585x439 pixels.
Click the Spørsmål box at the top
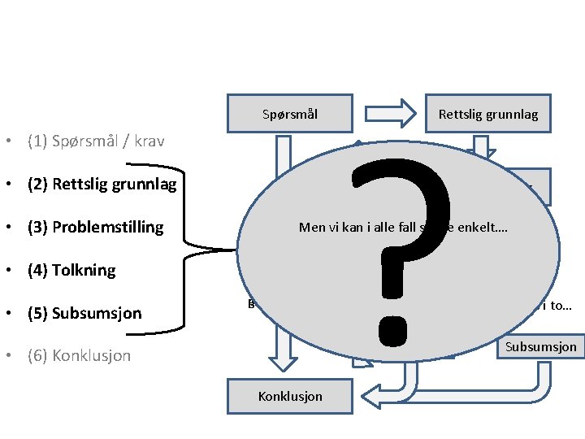tap(289, 115)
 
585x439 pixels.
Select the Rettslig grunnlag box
tap(487, 115)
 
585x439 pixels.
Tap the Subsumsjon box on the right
tap(540, 347)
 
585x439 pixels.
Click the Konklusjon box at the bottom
tap(289, 396)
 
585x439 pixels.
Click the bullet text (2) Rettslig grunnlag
tap(102, 184)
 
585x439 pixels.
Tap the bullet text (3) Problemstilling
tap(95, 227)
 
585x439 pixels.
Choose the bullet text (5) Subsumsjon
tap(84, 313)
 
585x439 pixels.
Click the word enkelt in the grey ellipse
tap(485, 228)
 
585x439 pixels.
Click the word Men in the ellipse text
tap(311, 228)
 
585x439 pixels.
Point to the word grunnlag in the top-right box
tap(512, 115)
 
